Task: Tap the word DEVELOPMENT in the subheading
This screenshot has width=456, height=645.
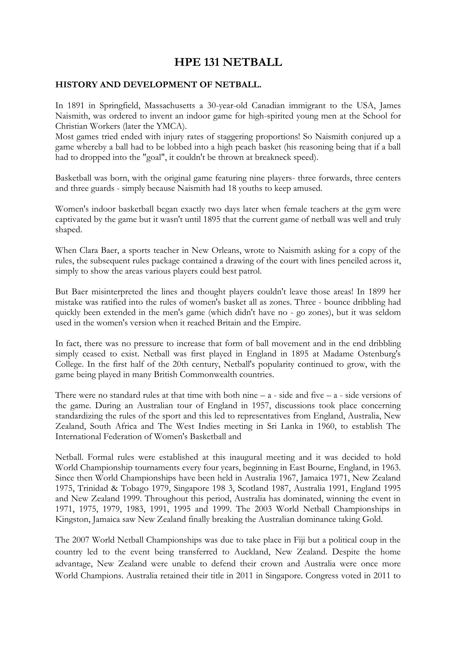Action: coord(163,85)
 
